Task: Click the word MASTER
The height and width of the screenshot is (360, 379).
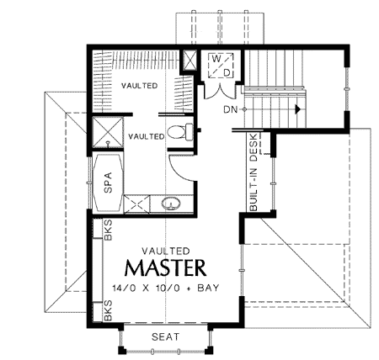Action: (x=165, y=268)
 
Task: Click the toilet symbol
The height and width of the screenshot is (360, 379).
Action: (x=179, y=131)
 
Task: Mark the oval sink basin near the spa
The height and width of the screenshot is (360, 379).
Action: (x=170, y=204)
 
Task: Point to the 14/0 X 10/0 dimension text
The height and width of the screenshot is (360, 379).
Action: (x=142, y=289)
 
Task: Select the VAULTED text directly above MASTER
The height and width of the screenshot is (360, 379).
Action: (x=165, y=249)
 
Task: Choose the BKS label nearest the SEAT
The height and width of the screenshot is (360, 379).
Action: (x=109, y=314)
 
